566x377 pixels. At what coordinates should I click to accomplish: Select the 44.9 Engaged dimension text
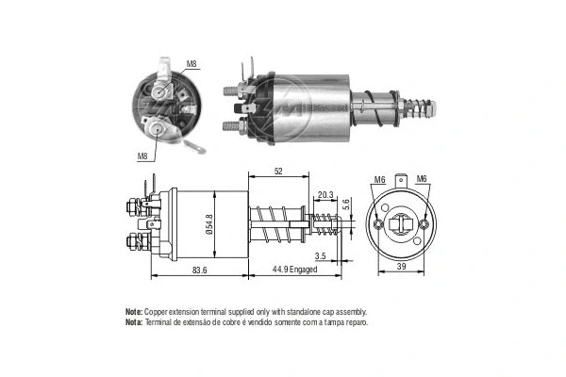click(289, 270)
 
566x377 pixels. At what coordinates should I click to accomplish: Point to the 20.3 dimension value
click(325, 195)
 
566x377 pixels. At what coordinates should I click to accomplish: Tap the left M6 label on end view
click(379, 180)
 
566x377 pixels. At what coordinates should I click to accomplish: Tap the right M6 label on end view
click(422, 180)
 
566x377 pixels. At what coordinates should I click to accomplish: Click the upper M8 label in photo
click(191, 64)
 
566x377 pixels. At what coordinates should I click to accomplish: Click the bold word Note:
click(133, 311)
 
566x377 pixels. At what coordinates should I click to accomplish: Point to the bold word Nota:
click(133, 322)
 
